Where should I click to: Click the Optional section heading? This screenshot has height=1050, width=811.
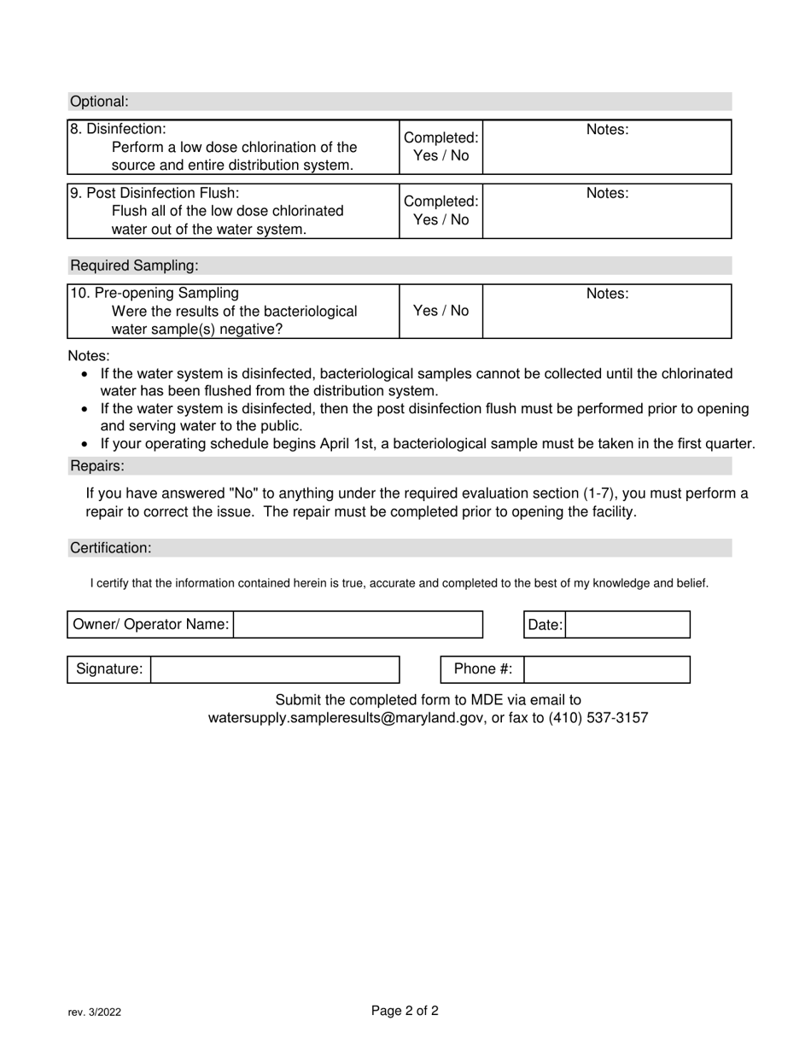[99, 102]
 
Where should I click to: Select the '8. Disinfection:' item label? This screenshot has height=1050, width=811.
[118, 129]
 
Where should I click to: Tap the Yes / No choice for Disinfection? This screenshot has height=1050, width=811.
[441, 155]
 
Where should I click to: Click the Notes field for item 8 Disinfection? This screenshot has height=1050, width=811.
[607, 154]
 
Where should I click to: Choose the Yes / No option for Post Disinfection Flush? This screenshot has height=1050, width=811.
[441, 219]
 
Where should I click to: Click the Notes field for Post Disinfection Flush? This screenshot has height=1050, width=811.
[607, 218]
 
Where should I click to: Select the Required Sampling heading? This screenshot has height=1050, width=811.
[123, 265]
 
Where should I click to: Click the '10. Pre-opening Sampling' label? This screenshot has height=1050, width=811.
[155, 294]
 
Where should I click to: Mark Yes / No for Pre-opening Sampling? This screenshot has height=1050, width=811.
[441, 311]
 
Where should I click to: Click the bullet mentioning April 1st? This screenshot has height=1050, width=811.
[427, 444]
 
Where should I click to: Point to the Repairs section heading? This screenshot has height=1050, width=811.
[97, 466]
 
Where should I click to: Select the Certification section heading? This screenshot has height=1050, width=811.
[111, 548]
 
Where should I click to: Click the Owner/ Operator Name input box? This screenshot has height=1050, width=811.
[358, 625]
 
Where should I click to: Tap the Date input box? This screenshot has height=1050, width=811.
[627, 625]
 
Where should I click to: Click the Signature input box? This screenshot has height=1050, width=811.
[274, 670]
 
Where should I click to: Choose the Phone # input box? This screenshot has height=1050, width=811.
[606, 670]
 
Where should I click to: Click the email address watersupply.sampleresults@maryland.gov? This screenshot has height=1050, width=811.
[346, 718]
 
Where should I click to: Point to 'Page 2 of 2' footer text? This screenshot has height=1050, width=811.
[405, 1012]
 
